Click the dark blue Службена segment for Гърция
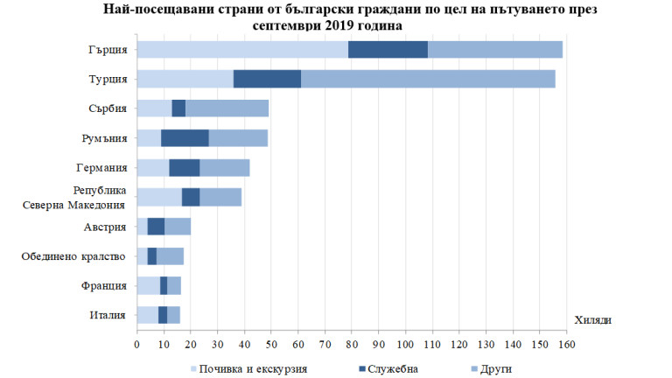coord(388,50)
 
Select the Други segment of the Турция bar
coord(428,79)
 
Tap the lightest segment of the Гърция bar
coord(242,50)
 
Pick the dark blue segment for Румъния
coord(185,137)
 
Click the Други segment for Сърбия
coord(227,108)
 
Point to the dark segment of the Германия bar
coord(184,167)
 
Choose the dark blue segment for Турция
coord(267,79)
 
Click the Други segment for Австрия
coord(178,226)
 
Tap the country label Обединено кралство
coord(74,255)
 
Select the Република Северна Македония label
coord(74,197)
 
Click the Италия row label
coord(110,314)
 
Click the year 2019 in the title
coord(339,25)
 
